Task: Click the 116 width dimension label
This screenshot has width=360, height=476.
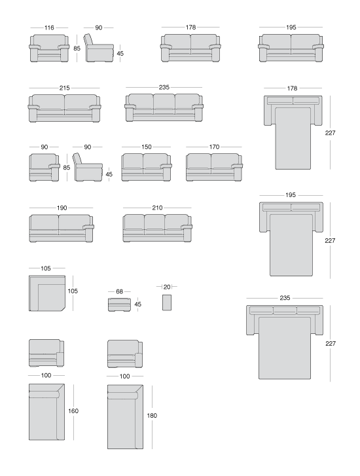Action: point(49,27)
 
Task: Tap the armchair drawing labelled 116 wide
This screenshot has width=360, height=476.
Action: point(49,48)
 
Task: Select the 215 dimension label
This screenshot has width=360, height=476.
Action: point(64,88)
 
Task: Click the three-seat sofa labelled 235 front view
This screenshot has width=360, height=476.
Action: point(164,108)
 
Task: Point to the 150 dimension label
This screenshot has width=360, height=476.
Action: point(147,147)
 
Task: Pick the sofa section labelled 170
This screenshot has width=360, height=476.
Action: point(214,167)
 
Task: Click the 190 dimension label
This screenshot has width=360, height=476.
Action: point(62,208)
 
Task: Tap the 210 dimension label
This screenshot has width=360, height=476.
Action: point(157,208)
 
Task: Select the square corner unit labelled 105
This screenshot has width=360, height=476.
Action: point(47,293)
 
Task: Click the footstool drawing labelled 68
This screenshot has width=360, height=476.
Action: point(119,304)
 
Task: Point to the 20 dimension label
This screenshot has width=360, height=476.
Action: point(167,287)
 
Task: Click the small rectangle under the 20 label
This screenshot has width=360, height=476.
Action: point(167,302)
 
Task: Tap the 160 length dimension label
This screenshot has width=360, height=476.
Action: point(73,411)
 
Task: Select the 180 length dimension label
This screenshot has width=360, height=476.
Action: point(152,416)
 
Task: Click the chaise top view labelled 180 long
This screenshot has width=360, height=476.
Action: point(125,417)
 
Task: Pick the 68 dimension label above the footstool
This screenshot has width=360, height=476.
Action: point(119,292)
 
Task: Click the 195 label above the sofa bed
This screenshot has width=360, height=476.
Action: point(291,195)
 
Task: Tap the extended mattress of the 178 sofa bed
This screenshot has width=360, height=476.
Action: point(293,138)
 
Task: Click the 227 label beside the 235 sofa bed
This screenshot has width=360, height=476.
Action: point(331,343)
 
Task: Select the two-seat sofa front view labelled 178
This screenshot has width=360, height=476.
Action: point(190,48)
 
